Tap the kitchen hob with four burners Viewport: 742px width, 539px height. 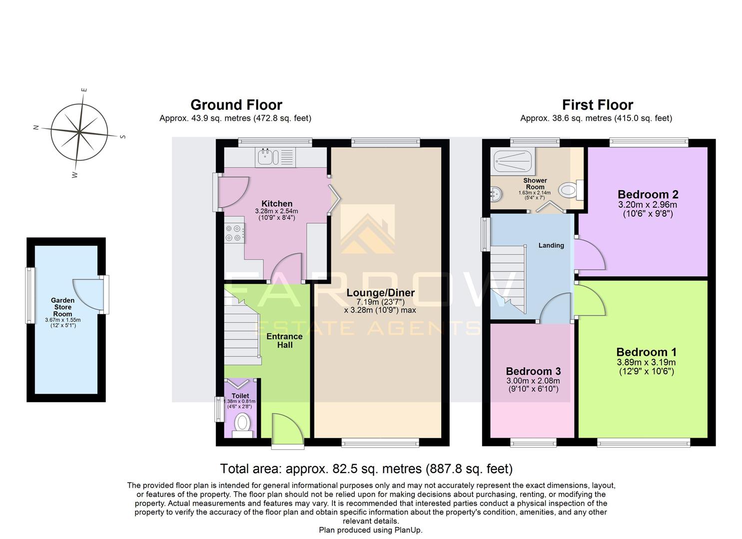point(234,233)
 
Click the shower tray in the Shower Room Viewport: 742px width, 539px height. point(512,160)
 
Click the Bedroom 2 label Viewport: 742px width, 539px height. point(648,194)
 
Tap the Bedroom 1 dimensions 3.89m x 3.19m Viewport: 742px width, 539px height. point(646,362)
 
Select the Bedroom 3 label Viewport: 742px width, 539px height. point(533,371)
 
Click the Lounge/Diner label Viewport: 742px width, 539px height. point(380,292)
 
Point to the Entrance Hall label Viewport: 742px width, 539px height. point(284,340)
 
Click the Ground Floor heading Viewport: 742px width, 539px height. point(236,105)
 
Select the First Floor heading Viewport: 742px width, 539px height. point(597,105)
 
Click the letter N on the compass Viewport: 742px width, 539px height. point(36,127)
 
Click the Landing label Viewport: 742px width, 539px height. point(551,245)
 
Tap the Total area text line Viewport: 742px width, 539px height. point(366,469)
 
